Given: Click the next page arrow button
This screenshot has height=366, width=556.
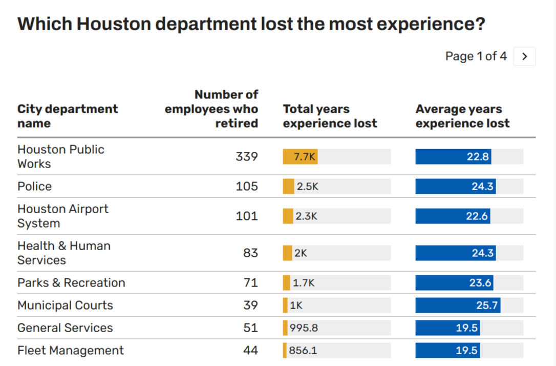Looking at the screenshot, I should click(x=524, y=56).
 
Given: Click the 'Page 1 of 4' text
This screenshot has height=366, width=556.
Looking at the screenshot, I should click(x=476, y=56).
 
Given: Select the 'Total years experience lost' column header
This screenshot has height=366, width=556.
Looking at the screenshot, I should click(x=330, y=116).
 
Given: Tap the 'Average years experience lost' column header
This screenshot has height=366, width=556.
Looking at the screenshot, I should click(x=462, y=116).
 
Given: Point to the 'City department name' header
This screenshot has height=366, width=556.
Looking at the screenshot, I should click(x=68, y=116).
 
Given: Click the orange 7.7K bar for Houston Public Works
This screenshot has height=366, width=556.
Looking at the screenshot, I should click(x=300, y=157).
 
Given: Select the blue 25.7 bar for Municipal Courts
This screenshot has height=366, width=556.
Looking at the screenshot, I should click(x=457, y=306).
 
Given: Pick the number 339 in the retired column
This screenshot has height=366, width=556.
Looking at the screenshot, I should click(x=246, y=157).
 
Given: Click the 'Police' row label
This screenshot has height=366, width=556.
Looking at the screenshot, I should click(x=34, y=187).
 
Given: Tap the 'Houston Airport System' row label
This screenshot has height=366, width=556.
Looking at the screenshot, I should click(x=62, y=216).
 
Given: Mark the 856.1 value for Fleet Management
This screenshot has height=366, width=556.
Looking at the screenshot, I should click(x=303, y=351).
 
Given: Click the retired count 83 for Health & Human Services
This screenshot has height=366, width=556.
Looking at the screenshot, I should click(x=250, y=253).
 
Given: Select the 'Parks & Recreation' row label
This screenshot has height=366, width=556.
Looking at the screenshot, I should click(x=71, y=283).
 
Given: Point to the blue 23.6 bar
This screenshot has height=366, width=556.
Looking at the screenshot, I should click(x=454, y=283).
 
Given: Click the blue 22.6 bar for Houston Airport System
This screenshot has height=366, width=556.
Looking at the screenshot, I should click(x=452, y=216).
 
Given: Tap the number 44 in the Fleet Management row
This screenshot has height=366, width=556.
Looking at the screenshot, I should click(x=250, y=351).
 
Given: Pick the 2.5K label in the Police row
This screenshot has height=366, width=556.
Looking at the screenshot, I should click(x=307, y=187).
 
